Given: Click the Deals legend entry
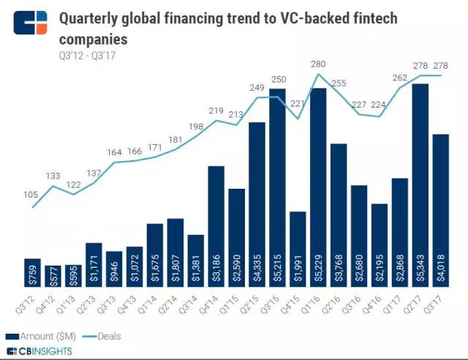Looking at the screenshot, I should pyautogui.click(x=102, y=337).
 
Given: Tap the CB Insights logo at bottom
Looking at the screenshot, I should pyautogui.click(x=44, y=353).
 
